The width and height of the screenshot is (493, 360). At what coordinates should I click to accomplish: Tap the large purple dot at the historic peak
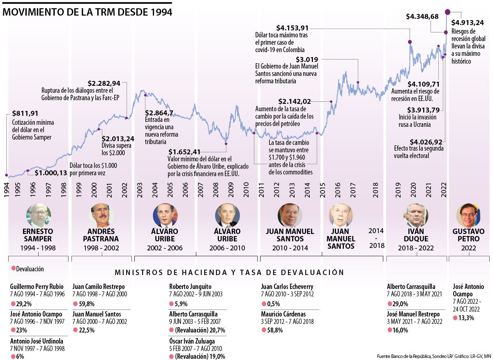447,12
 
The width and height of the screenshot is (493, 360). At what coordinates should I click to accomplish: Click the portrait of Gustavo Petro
468,215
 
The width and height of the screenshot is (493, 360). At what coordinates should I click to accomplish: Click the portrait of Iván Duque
415,215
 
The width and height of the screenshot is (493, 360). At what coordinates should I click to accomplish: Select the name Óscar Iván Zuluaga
192,341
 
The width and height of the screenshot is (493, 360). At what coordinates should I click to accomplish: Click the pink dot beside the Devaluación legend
13,268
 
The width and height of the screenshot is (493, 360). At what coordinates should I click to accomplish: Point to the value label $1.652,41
184,151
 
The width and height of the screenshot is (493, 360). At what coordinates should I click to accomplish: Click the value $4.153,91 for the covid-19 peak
292,28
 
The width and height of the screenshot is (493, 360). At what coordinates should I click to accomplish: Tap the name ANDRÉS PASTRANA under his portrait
101,235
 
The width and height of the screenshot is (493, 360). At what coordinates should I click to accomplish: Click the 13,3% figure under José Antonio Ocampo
466,318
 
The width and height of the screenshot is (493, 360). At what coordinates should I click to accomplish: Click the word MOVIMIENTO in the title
34,12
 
